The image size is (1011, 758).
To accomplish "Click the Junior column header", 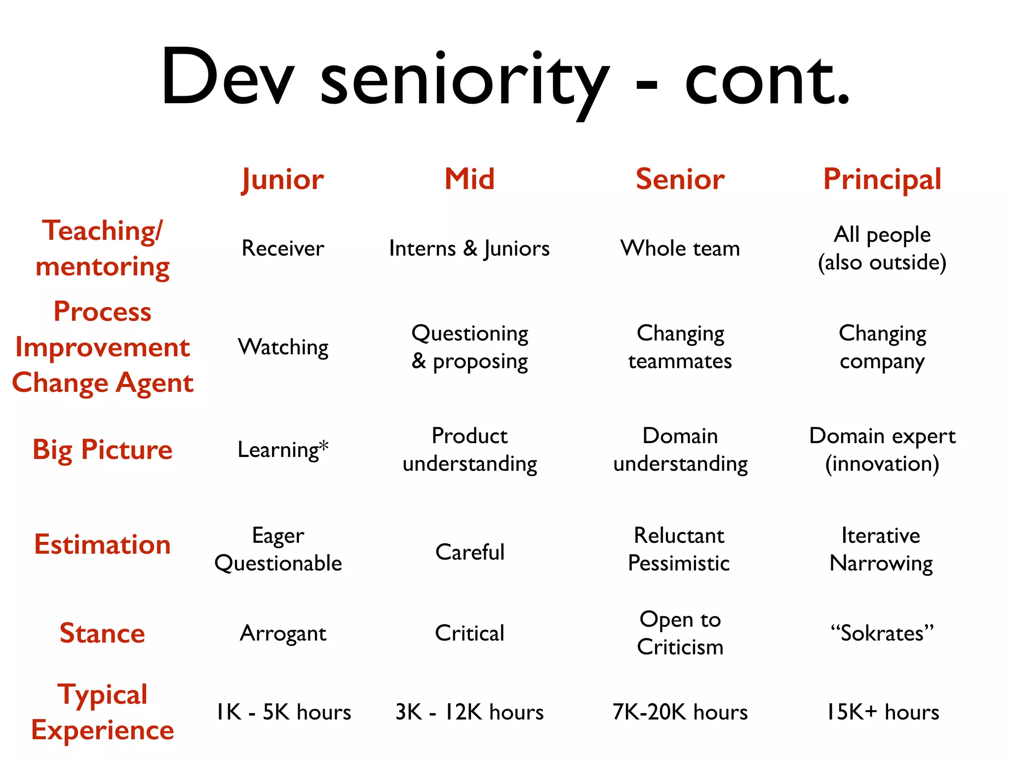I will point(283,179).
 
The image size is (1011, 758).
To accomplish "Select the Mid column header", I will point(469,179).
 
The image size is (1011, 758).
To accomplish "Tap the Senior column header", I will point(680,179).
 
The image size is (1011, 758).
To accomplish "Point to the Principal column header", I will point(882,179).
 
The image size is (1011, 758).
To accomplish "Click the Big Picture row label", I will point(103,450).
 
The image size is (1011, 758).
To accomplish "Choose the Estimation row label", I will point(103,544).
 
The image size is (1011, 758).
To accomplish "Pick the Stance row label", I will point(103,633).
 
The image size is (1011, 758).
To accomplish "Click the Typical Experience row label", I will point(103,712).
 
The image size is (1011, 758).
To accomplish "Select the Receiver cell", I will point(283,248).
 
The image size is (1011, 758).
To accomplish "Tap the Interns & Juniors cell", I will point(469,248).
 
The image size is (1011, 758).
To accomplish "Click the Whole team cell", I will point(680,248).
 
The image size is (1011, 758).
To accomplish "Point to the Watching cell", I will point(283,347).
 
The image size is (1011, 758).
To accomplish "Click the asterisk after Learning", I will point(323,445).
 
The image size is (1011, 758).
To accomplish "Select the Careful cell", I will point(470,552).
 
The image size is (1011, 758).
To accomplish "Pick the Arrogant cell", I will point(283,633).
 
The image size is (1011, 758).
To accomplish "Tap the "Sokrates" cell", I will point(882,633).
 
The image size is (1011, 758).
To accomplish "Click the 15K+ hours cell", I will point(883,712).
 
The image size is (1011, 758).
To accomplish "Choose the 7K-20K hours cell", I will point(680,712).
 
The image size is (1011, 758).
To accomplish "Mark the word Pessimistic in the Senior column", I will point(679,563).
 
